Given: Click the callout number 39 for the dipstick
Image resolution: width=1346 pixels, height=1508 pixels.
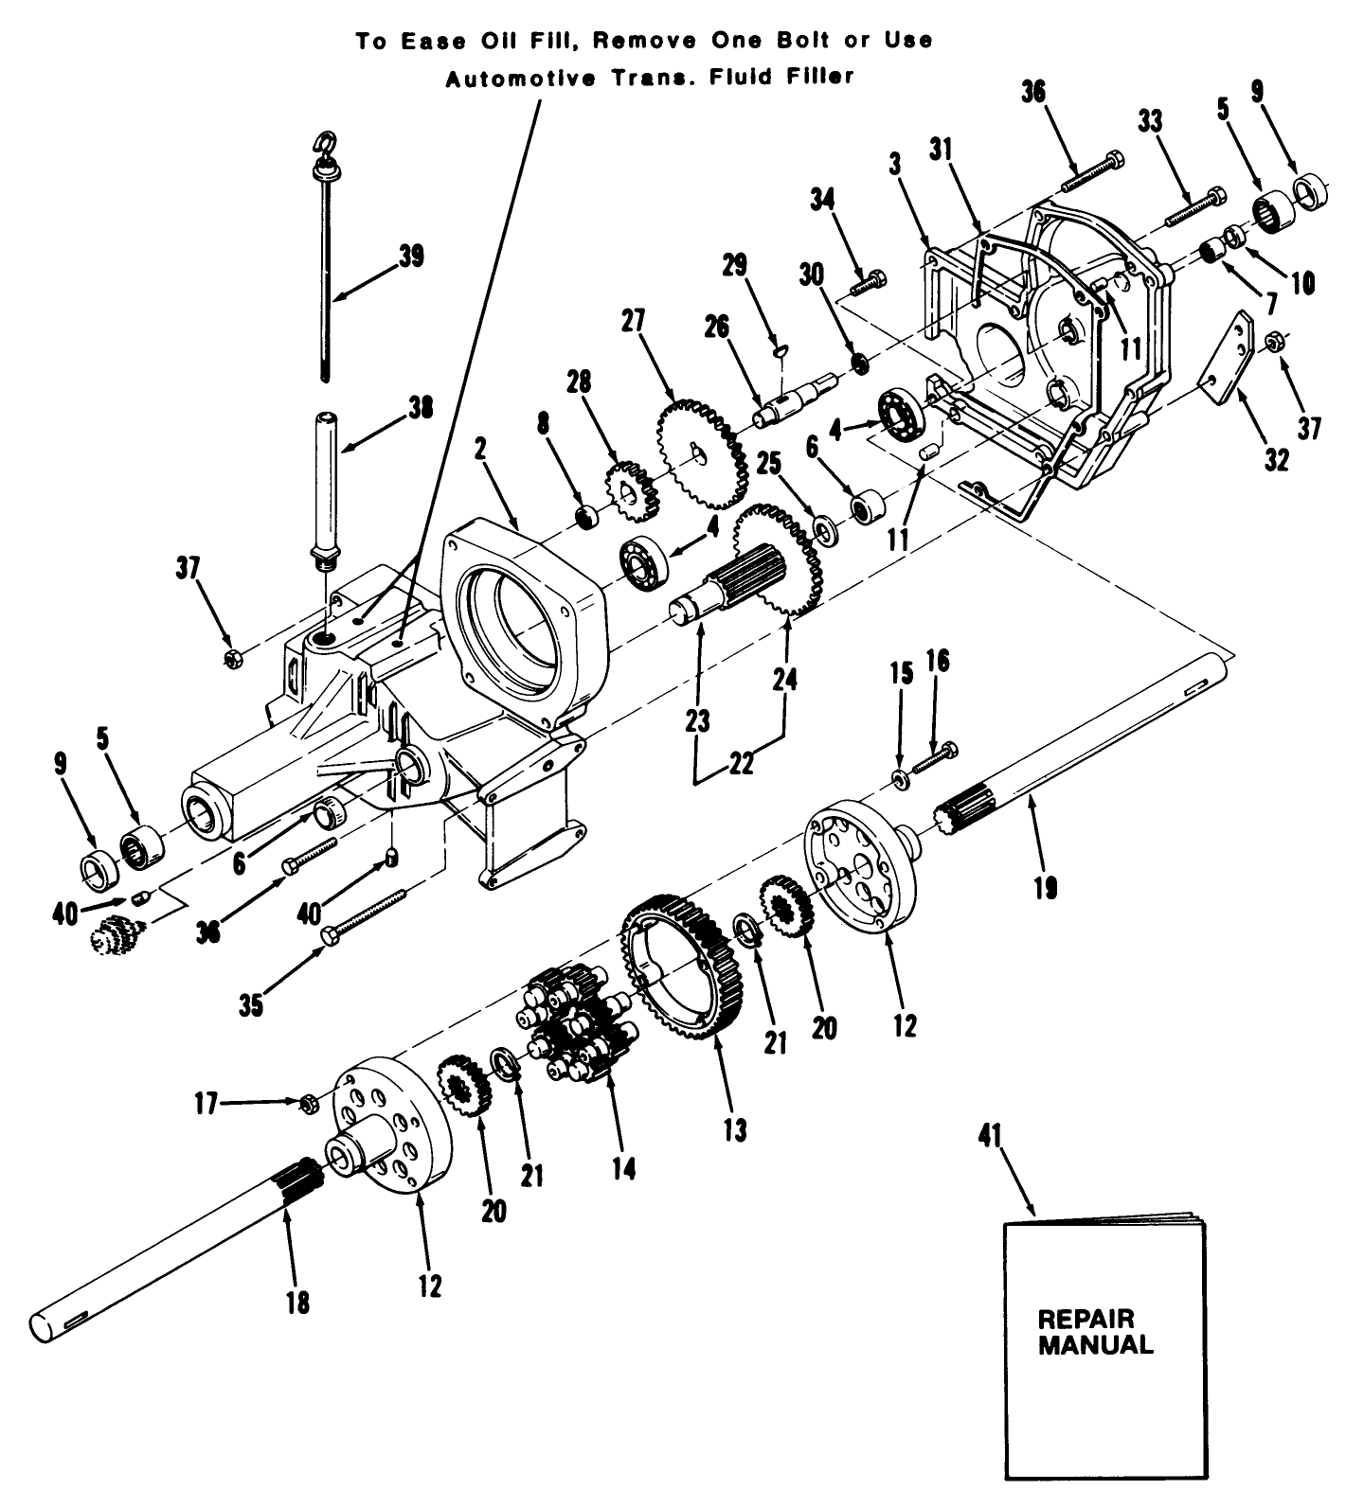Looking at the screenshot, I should [x=411, y=257].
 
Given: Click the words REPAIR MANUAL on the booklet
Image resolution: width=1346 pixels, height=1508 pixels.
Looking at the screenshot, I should [x=1095, y=1332].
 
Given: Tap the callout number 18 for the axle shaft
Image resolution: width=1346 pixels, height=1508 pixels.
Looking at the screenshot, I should [x=296, y=1303].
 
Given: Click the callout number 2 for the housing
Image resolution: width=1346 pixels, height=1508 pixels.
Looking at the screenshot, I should [x=480, y=449].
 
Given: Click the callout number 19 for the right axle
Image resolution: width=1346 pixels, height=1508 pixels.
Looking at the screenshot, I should [x=1047, y=887].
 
